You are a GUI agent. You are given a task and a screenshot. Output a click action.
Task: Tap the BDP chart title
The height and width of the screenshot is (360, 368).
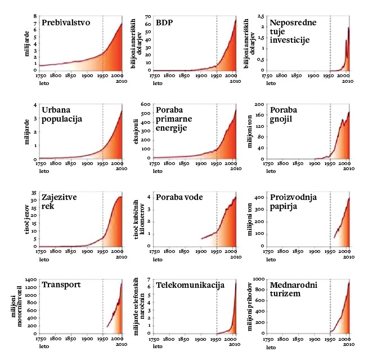click(165, 24)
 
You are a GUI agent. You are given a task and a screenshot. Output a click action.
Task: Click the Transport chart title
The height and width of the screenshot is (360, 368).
click(61, 285)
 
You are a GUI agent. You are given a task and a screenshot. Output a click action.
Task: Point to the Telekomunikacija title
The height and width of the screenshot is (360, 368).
click(190, 285)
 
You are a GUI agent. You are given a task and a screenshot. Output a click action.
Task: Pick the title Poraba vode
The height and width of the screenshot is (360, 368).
click(179, 197)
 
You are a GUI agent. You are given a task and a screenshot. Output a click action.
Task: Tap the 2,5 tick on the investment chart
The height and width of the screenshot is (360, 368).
click(261, 16)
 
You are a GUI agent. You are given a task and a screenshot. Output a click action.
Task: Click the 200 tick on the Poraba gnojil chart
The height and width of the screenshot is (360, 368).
click(261, 105)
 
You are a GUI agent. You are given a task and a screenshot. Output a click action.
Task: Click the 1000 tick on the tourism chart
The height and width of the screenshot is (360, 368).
click(259, 279)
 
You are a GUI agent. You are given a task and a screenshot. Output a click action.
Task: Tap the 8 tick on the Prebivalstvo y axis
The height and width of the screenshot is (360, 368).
click(35, 16)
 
